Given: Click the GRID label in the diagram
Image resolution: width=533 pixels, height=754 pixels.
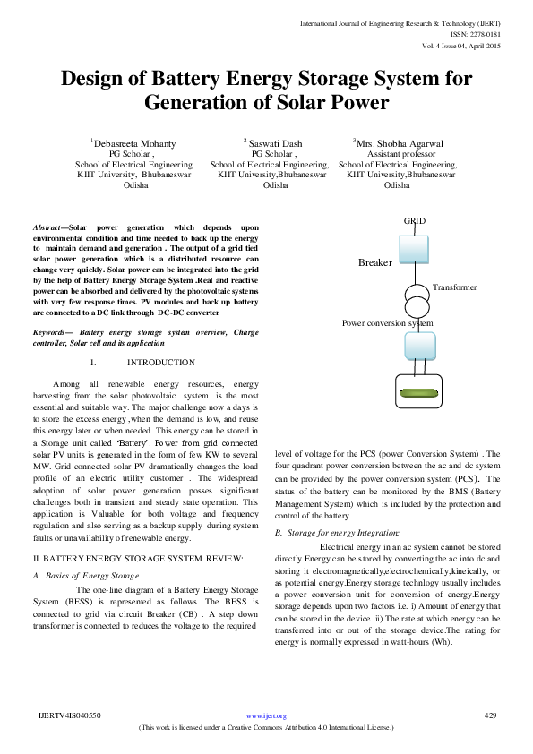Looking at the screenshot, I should [x=415, y=220].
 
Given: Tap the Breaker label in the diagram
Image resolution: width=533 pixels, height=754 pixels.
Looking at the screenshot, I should [x=374, y=262].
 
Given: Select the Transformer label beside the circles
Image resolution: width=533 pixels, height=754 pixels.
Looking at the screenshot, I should [x=454, y=287].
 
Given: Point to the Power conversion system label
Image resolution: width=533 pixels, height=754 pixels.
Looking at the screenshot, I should [x=388, y=322].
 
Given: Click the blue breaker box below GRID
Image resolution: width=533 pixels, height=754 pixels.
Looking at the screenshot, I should [x=415, y=249].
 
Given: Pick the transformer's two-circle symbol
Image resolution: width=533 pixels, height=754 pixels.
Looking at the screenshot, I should [x=414, y=299].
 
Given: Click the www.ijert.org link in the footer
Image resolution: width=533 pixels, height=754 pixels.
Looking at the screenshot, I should [x=266, y=716].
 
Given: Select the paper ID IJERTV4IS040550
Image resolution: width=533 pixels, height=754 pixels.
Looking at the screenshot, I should [x=71, y=716].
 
